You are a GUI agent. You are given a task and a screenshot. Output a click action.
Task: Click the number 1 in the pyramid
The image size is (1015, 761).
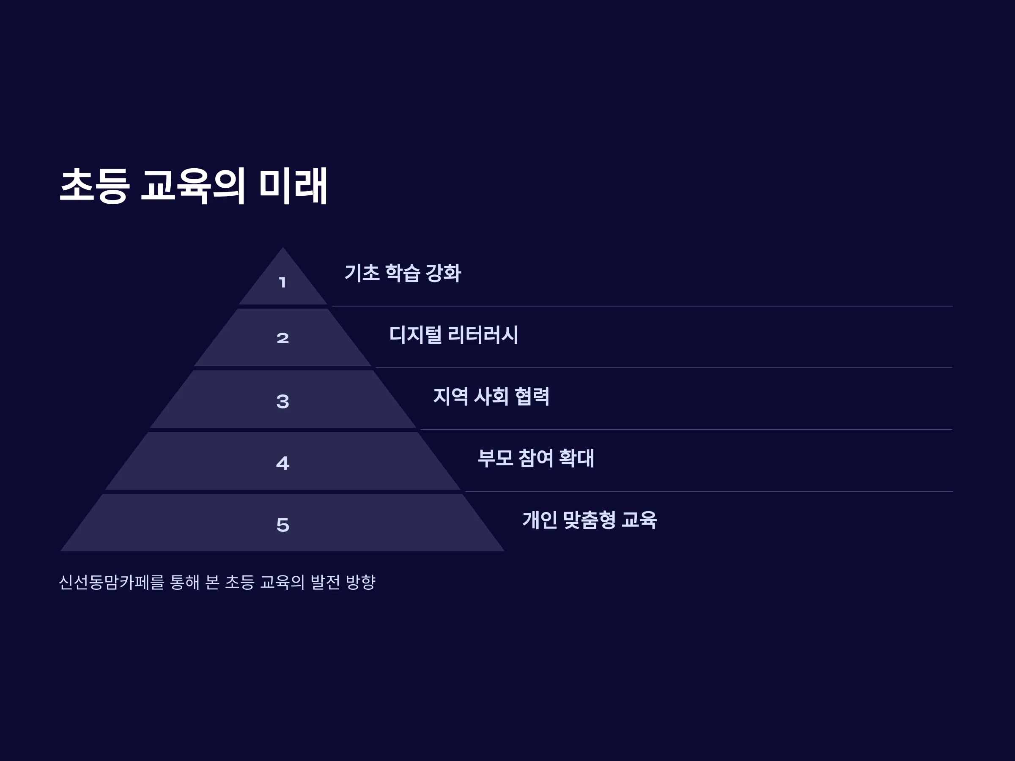283,282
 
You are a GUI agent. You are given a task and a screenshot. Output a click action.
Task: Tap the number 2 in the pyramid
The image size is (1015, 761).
283,339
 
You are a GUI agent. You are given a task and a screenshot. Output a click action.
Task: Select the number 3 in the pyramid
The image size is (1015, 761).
283,401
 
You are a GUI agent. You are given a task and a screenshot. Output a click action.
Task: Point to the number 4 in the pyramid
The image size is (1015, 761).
283,463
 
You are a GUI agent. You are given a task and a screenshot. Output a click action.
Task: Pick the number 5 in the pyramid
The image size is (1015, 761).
283,525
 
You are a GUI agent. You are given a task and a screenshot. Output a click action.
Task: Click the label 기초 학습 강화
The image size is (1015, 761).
403,273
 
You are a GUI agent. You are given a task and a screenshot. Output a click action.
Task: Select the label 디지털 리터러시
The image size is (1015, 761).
453,335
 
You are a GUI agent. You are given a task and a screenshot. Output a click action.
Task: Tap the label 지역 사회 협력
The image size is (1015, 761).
491,396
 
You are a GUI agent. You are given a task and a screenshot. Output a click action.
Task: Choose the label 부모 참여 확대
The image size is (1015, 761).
535,458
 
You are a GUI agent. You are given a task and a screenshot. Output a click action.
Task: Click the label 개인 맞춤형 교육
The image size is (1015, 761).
590,520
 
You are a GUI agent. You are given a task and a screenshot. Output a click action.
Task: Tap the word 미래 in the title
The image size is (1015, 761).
293,186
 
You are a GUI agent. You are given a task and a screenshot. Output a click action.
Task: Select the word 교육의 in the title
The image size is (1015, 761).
193,186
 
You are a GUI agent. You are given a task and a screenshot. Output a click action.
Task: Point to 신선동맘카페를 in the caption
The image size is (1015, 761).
112,582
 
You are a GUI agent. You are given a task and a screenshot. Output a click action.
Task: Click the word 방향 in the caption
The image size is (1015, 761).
361,582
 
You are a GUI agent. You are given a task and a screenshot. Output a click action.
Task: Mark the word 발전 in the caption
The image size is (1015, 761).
325,582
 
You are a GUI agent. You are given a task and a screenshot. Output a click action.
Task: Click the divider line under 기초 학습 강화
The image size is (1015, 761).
642,306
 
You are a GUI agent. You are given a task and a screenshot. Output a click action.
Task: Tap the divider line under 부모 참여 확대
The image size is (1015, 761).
709,491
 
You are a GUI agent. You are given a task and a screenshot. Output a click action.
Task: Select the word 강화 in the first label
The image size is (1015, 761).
443,273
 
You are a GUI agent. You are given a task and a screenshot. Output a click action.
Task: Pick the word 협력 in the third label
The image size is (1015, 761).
532,396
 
